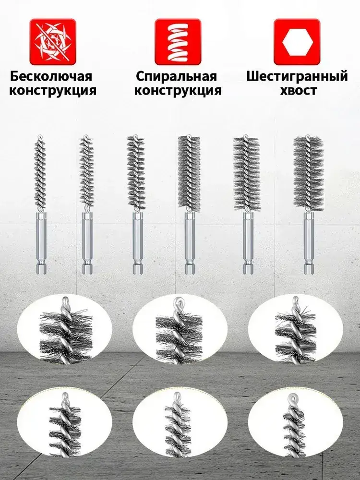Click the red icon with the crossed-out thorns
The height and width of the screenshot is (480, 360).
click(x=53, y=42)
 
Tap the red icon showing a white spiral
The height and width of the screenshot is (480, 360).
click(x=178, y=42)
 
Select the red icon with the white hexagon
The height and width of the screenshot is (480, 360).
click(x=297, y=42)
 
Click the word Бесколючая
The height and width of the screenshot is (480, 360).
click(x=51, y=76)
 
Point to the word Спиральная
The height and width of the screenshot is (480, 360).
click(x=176, y=76)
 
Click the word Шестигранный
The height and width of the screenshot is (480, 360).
click(x=297, y=76)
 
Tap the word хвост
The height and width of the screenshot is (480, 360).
click(x=298, y=91)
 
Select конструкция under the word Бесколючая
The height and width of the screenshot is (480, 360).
click(x=53, y=91)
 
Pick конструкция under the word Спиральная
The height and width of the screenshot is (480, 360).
click(x=178, y=91)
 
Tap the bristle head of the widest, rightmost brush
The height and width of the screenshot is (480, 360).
click(x=308, y=174)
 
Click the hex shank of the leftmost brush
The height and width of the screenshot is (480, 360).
click(x=41, y=242)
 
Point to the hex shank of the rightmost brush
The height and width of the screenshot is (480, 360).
click(x=308, y=242)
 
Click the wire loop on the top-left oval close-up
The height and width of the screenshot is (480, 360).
click(x=65, y=301)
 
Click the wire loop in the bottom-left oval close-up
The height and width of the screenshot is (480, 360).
click(x=65, y=396)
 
